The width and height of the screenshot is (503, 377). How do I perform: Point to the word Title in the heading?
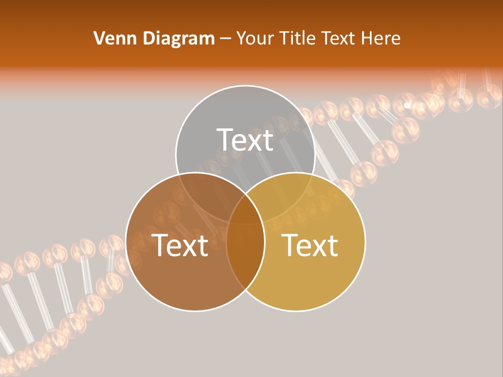tap(297, 38)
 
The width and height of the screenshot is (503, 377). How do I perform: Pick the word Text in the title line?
tap(338, 38)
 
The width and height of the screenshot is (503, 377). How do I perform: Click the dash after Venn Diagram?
tap(226, 39)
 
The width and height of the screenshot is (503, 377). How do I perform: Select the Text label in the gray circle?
tap(245, 140)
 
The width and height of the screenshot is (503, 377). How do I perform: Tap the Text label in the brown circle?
tap(180, 245)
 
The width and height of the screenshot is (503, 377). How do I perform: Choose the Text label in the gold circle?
tap(310, 245)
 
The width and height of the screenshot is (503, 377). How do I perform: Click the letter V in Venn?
tap(99, 38)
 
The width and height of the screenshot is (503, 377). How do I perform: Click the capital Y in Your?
tap(241, 38)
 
